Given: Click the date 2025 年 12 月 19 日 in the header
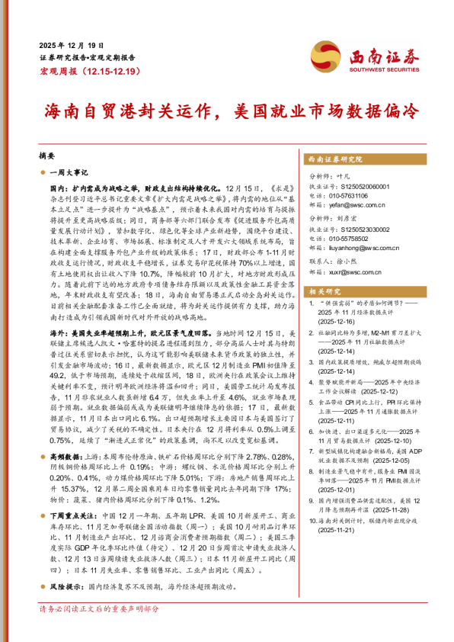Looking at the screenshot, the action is coord(69,45).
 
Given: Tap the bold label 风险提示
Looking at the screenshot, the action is coord(66,586).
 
